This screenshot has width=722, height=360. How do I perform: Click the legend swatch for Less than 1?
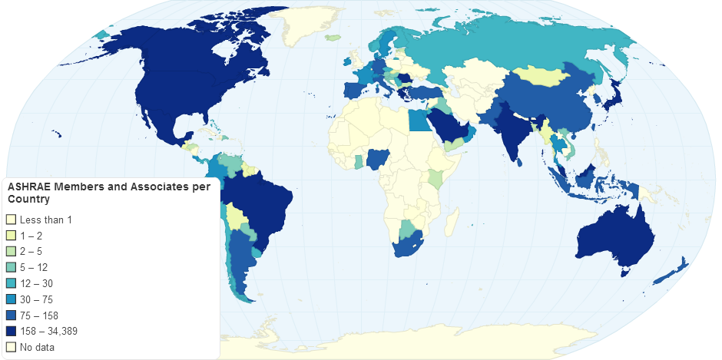(x=11, y=220)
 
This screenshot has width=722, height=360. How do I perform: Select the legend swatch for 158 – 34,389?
(x=11, y=331)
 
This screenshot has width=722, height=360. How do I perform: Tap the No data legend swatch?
(x=11, y=347)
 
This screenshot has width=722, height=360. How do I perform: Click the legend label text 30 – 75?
(x=36, y=299)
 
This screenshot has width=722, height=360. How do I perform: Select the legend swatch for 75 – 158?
(x=11, y=315)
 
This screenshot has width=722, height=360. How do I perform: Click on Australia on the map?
(x=607, y=238)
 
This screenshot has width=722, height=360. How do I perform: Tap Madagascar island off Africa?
(x=453, y=222)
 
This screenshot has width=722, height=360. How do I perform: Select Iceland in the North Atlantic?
(x=333, y=37)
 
